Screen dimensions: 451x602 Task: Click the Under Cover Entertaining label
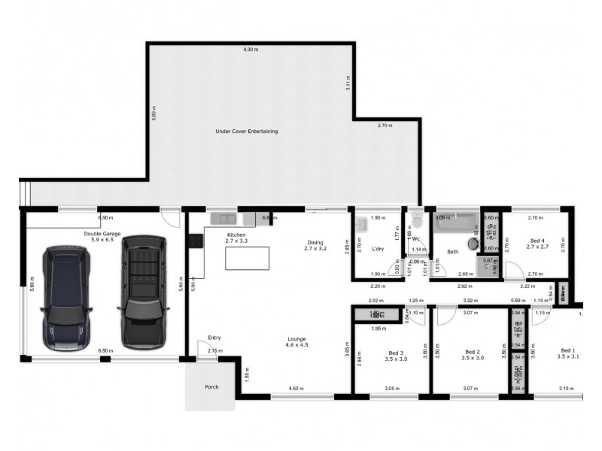pos(246,132)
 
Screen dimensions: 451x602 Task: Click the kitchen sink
pos(223,219)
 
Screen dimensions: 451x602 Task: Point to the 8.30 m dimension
pos(250,50)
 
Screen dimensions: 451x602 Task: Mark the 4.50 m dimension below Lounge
pos(297,389)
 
